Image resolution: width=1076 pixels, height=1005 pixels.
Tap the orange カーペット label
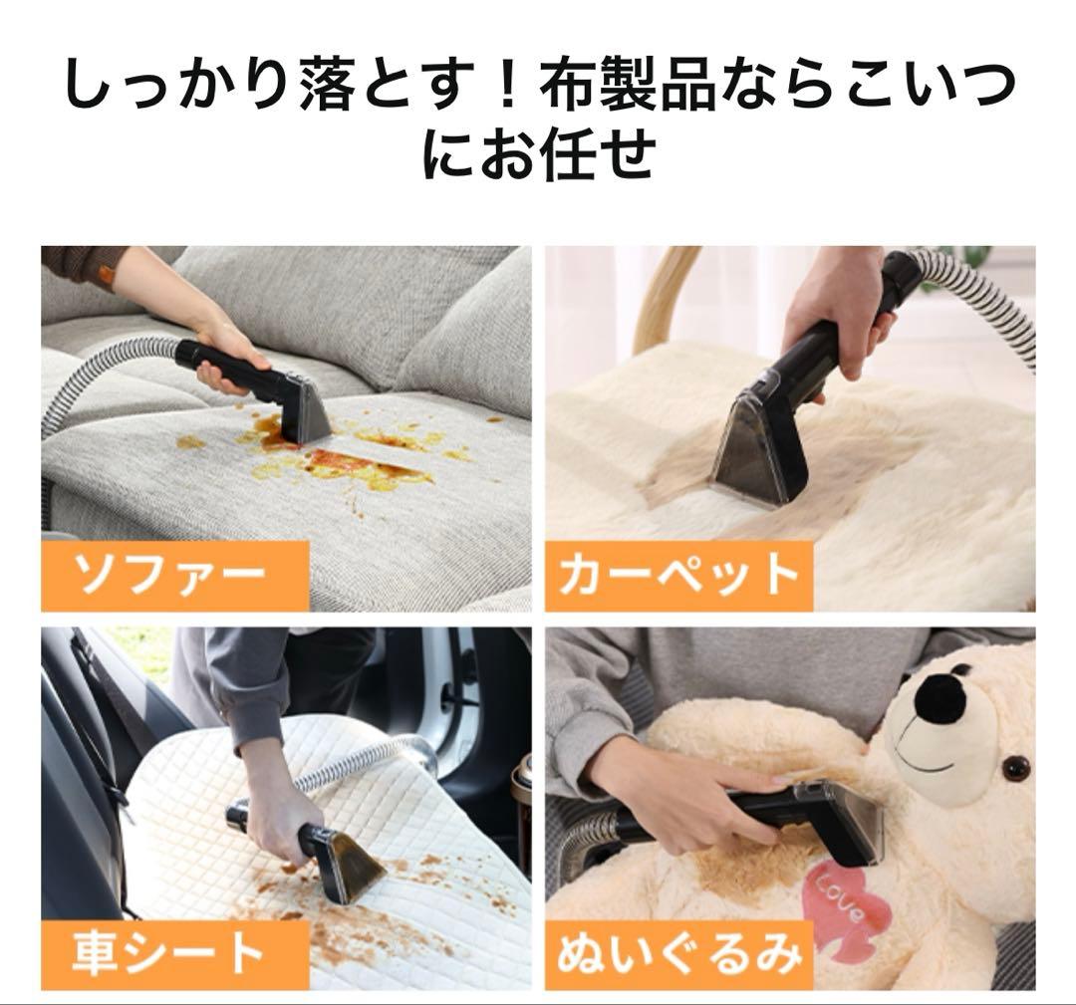pos(678,576)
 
